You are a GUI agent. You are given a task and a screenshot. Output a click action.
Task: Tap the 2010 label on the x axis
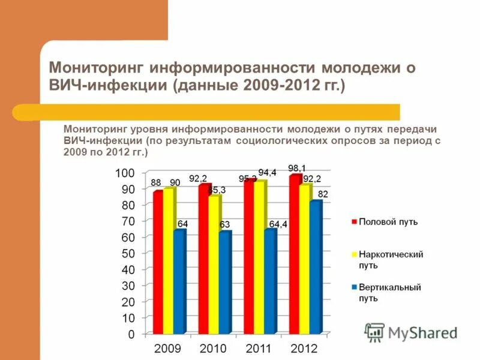212,348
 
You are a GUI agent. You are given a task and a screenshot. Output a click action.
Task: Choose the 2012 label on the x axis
304,348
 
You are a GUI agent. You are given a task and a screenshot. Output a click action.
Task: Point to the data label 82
323,194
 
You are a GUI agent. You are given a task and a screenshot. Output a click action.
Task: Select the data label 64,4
277,224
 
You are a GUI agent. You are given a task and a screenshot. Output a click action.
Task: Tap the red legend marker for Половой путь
354,222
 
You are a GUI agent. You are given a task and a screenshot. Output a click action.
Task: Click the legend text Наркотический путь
391,259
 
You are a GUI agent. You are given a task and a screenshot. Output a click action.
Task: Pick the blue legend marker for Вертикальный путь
354,287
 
